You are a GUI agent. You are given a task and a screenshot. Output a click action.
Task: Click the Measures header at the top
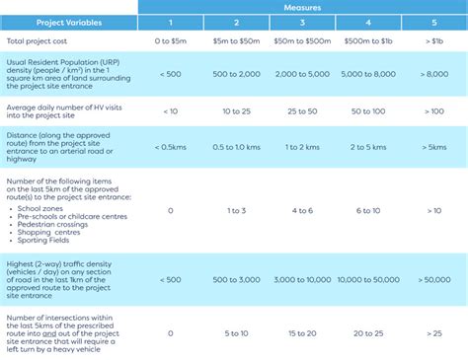coord(301,6)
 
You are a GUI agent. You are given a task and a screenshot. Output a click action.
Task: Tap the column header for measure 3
coord(301,22)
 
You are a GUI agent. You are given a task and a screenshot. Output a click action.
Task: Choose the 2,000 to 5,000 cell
coord(301,73)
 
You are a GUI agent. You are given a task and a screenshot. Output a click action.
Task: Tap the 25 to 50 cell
coord(301,110)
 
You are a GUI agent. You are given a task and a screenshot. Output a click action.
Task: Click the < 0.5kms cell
coord(171,147)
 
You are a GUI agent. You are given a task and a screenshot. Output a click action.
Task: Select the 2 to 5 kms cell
coord(367,147)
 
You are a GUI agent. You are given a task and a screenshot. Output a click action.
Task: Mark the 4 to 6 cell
coord(301,210)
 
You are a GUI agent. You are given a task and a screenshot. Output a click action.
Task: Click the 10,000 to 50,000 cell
coord(367,279)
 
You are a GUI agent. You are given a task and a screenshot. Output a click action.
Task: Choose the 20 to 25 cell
coord(367,333)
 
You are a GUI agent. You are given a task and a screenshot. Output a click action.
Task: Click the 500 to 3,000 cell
coord(235,279)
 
